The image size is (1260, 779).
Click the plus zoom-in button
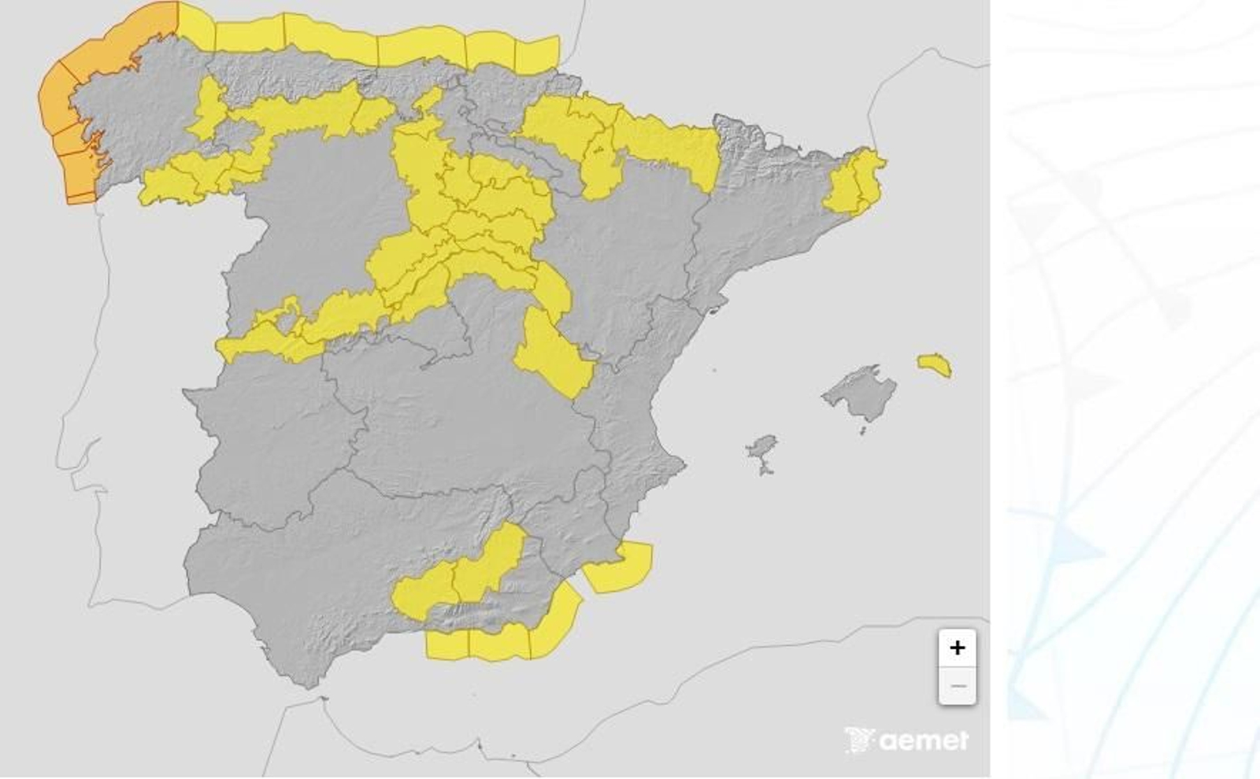click(957, 648)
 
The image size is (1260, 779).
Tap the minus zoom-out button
click(957, 685)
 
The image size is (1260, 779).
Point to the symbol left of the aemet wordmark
click(859, 740)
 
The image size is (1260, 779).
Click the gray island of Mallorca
click(860, 391)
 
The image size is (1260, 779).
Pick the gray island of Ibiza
click(762, 448)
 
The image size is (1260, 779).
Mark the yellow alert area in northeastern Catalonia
click(854, 181)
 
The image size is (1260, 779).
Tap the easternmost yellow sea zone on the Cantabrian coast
click(537, 54)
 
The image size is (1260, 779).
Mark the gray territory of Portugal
click(134, 393)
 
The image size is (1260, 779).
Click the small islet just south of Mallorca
click(862, 430)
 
